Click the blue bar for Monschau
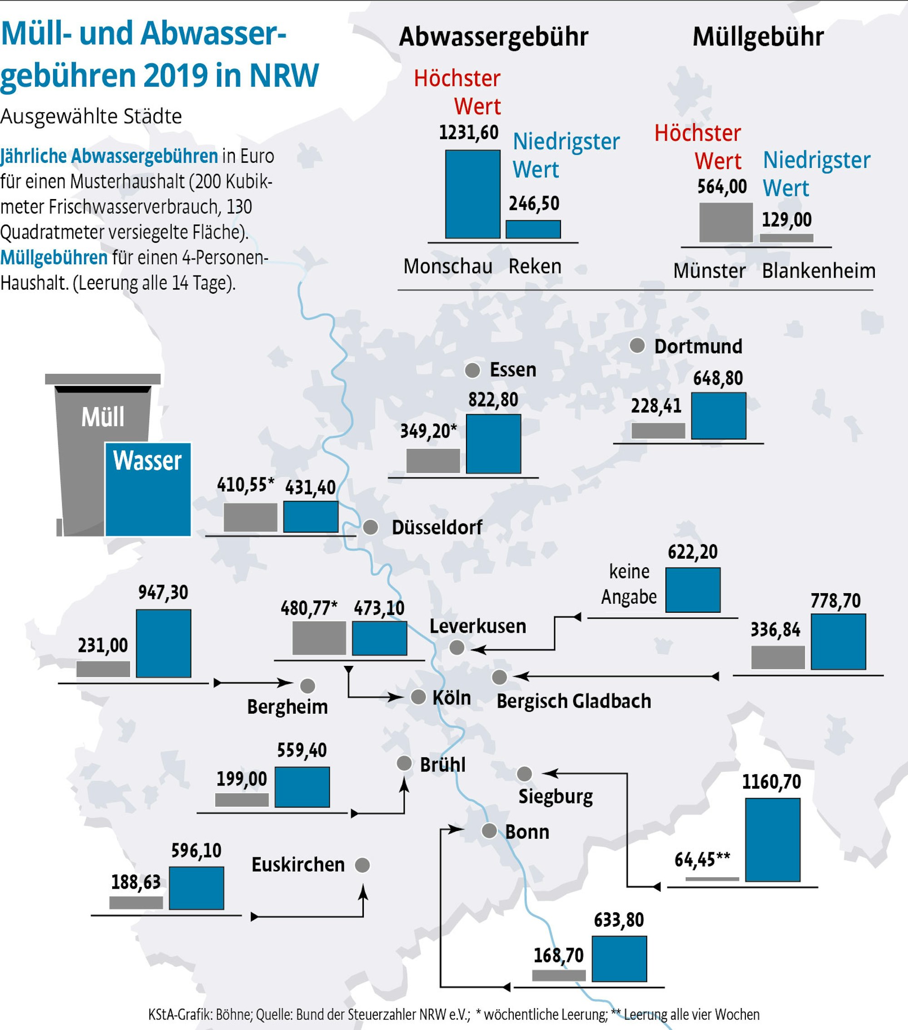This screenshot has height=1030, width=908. (472, 194)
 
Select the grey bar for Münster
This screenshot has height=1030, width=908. (726, 223)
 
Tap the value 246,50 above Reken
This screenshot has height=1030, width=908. (534, 204)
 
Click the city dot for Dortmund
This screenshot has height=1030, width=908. (637, 346)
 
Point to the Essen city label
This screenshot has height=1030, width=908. (513, 370)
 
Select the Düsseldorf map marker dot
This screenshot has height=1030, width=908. (371, 527)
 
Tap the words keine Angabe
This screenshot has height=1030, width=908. (629, 584)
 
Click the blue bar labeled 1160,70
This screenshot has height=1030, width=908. (773, 840)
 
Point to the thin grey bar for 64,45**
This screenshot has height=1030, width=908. (712, 879)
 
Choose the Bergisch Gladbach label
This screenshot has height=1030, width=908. (573, 701)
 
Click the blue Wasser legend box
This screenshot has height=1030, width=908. (148, 489)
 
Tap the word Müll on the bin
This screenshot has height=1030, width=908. (103, 417)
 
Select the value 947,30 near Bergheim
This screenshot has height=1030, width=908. (163, 592)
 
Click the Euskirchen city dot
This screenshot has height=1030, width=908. (362, 865)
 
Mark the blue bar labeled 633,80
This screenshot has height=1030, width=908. (619, 959)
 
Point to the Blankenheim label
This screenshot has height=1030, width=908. (819, 271)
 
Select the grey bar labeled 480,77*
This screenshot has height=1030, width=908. (319, 638)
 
